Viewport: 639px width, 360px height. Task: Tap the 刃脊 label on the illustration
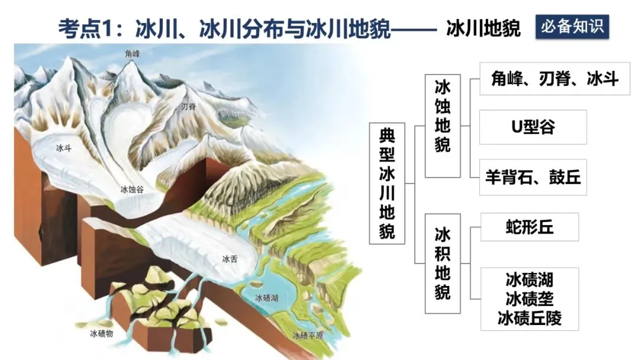tap(188, 107)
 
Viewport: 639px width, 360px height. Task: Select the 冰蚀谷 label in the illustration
tap(132, 189)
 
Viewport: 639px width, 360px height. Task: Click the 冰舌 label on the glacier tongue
tap(230, 258)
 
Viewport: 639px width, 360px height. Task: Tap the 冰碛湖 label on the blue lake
tap(267, 298)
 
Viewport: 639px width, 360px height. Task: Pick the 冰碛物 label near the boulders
tap(102, 333)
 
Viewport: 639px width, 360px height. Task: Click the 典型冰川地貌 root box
tap(387, 184)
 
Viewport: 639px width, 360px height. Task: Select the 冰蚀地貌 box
tap(443, 126)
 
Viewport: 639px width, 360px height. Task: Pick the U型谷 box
tap(532, 127)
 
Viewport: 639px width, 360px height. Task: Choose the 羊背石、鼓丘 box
tap(532, 177)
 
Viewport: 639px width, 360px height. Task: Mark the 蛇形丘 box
tap(529, 227)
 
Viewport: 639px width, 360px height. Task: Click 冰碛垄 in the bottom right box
tap(529, 298)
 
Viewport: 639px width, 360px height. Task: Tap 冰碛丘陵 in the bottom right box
tap(529, 319)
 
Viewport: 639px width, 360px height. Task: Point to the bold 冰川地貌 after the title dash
tap(483, 28)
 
